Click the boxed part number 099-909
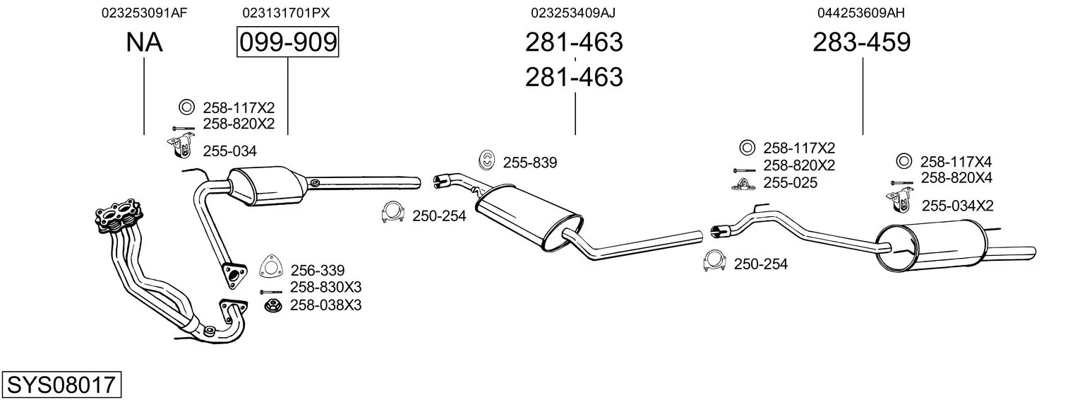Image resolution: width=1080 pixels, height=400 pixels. pyautogui.click(x=287, y=42)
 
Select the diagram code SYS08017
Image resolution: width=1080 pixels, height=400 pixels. pyautogui.click(x=61, y=385)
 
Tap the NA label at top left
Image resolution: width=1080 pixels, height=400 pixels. pyautogui.click(x=144, y=42)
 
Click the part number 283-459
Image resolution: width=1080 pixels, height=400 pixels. pyautogui.click(x=862, y=42)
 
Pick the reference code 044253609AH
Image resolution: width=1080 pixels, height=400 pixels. pyautogui.click(x=861, y=13)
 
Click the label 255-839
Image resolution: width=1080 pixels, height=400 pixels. pyautogui.click(x=529, y=163)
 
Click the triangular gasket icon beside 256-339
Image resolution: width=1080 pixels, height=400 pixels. pyautogui.click(x=269, y=267)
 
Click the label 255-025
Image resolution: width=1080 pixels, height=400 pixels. pyautogui.click(x=790, y=183)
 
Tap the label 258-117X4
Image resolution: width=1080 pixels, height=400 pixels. pyautogui.click(x=956, y=162)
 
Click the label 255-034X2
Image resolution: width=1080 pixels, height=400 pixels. pyautogui.click(x=957, y=206)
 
